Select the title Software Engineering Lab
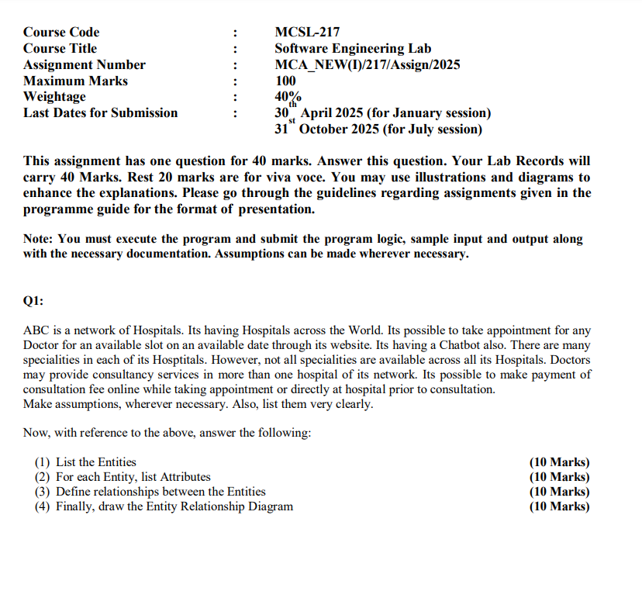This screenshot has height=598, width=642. tap(353, 49)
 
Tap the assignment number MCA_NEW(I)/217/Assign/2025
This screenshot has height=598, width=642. tap(367, 64)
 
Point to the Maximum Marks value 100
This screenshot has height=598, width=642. tap(285, 81)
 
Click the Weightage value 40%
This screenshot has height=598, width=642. tap(288, 97)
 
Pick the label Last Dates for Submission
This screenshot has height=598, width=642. tap(101, 113)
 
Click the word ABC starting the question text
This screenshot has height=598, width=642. tap(36, 330)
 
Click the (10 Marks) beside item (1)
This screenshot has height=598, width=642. tap(559, 462)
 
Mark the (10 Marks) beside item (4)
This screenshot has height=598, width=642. tap(559, 506)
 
